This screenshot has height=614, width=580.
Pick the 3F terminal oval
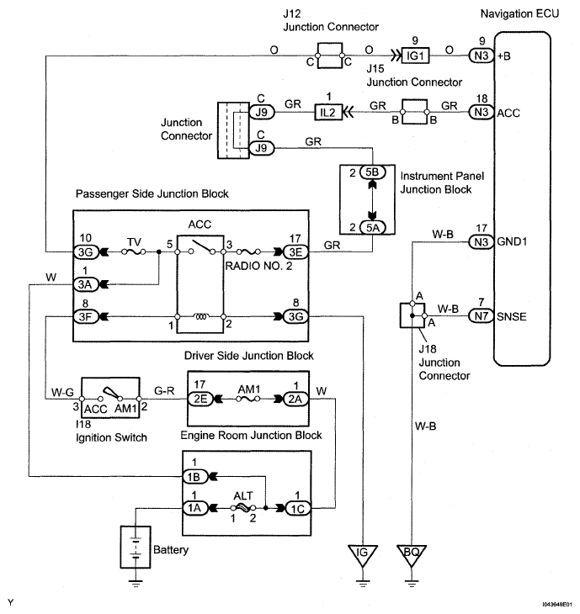[87, 317]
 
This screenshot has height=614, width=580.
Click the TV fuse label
[133, 241]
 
